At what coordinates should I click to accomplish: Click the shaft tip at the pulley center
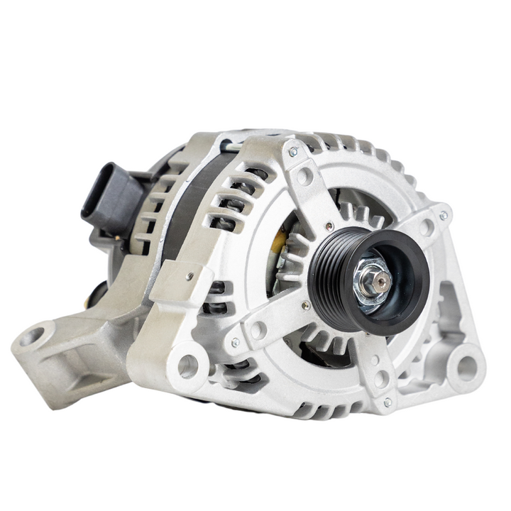click(x=382, y=282)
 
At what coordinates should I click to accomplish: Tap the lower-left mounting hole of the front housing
click(x=187, y=366)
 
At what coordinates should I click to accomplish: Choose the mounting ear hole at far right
click(x=466, y=367)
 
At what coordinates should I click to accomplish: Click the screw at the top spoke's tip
click(x=292, y=150)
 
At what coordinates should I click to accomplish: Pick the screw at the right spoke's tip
click(x=444, y=215)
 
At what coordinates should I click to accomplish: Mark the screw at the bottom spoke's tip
click(x=387, y=402)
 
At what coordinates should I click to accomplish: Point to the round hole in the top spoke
click(x=304, y=176)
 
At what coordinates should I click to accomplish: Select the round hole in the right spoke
click(x=427, y=228)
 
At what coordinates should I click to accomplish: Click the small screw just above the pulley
click(x=328, y=226)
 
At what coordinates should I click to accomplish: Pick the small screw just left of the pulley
click(x=305, y=306)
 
